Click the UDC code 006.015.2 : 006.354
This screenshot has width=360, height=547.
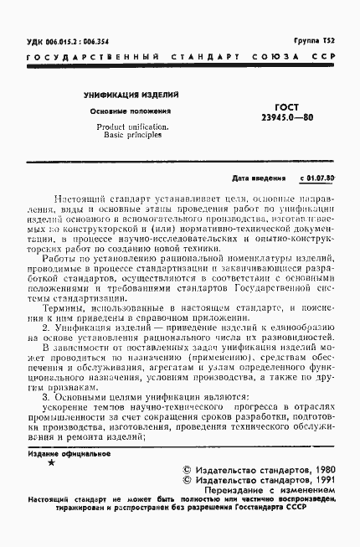point(75,40)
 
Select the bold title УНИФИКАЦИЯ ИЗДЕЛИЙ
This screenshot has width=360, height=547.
point(130,97)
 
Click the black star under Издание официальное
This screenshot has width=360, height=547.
point(53,462)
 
